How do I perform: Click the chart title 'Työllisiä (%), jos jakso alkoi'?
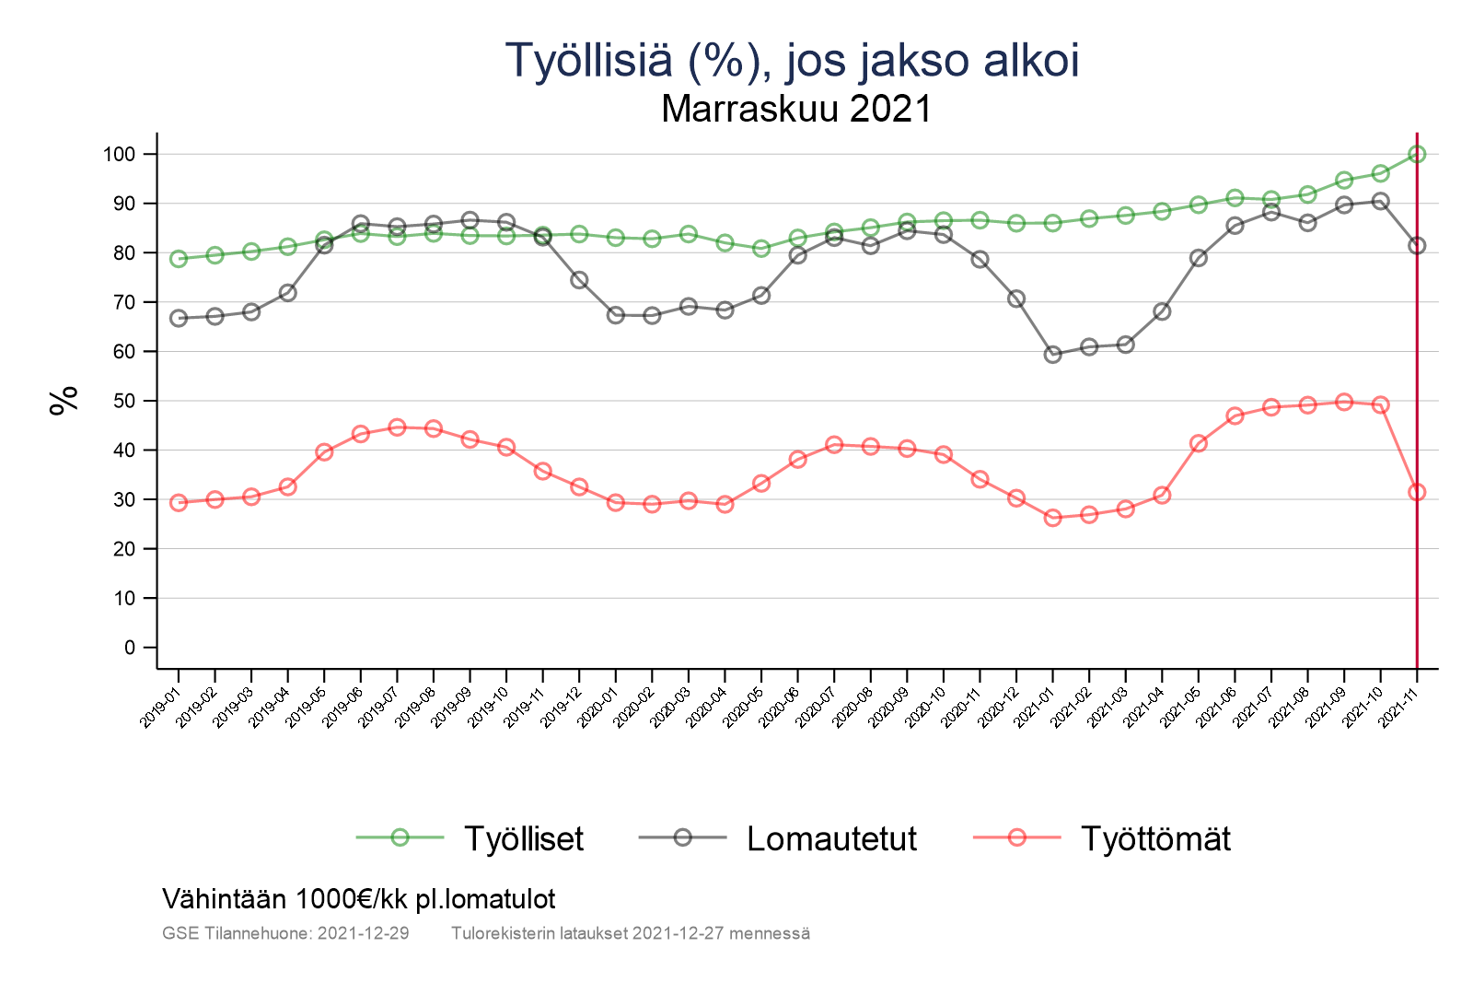click(x=793, y=61)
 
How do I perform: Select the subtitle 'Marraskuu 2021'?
click(x=796, y=110)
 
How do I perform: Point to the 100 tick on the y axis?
click(x=119, y=154)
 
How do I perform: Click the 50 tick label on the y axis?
click(x=123, y=401)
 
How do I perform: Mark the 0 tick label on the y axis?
click(x=129, y=648)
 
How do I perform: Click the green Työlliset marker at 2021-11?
click(x=1417, y=154)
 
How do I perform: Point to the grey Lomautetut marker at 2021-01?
click(x=1053, y=355)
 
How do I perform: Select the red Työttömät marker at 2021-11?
click(x=1417, y=492)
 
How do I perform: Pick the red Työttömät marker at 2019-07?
click(x=397, y=427)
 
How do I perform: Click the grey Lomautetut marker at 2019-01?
click(x=179, y=318)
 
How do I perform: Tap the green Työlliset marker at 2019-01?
click(x=179, y=259)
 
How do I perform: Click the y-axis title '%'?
click(x=64, y=401)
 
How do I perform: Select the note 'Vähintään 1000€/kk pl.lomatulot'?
click(x=359, y=898)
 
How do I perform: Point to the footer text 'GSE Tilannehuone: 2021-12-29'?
click(x=285, y=933)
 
